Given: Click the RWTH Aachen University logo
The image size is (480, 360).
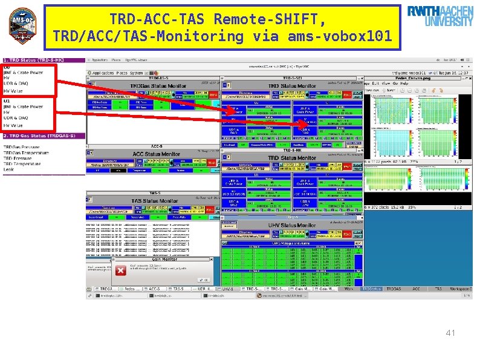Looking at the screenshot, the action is (x=440, y=16).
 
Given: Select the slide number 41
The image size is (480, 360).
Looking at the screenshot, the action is (x=450, y=333).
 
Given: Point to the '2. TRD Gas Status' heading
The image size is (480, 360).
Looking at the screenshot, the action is (x=40, y=136).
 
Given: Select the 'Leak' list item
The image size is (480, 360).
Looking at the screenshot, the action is (x=8, y=169).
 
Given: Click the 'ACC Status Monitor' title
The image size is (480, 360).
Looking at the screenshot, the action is (x=156, y=154).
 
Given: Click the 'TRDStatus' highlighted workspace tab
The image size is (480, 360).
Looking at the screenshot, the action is (x=371, y=289).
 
